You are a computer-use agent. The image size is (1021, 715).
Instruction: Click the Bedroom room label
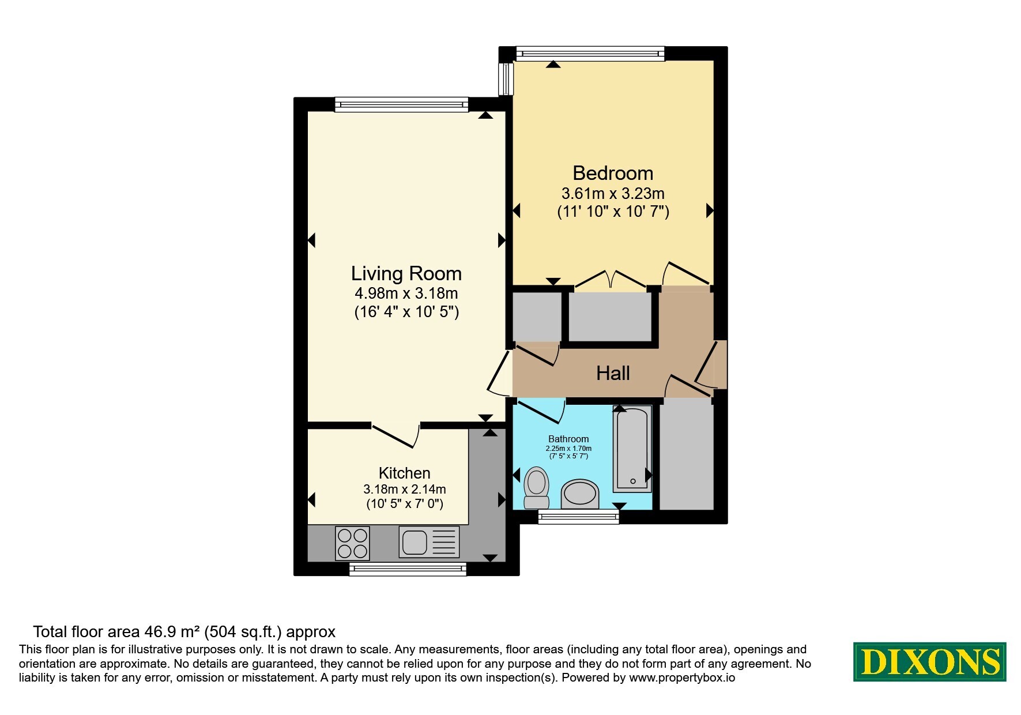point(613,173)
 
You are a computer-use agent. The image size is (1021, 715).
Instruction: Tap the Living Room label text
point(406,273)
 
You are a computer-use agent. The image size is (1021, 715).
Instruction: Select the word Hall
point(613,373)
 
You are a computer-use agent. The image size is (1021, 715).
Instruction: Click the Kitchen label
point(404,473)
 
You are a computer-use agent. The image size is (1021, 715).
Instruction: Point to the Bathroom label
point(568,439)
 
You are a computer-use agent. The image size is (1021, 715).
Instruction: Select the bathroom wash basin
point(581,494)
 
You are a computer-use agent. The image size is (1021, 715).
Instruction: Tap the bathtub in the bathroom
point(632,449)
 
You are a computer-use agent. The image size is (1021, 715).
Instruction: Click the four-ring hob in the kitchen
point(352,543)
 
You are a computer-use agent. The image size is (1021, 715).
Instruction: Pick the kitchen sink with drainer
point(429,542)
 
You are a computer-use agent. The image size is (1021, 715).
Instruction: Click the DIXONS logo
point(929,661)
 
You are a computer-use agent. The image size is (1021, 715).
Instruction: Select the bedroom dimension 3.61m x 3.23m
point(613,193)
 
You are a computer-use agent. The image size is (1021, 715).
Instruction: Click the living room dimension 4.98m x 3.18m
point(406,293)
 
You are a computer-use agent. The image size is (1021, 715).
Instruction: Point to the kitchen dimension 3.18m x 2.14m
point(404,489)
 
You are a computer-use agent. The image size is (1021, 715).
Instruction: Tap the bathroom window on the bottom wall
point(578,517)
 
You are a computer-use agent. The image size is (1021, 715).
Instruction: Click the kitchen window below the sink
point(408,569)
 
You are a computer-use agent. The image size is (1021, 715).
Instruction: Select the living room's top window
point(401,104)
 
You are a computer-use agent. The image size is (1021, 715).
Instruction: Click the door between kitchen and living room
point(395,435)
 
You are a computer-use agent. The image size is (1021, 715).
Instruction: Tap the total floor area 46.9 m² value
point(170,632)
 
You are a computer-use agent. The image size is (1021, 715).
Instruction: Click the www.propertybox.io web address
point(682,678)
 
